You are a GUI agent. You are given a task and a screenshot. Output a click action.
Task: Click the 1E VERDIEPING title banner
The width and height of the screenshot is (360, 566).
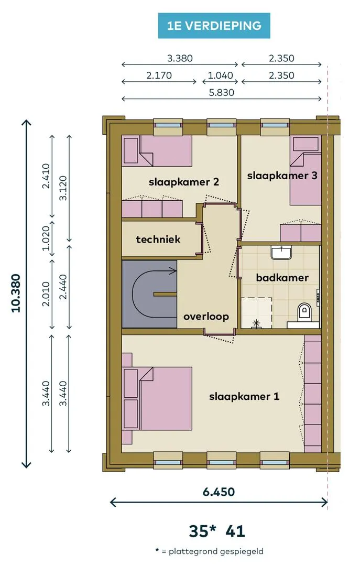coord(214,26)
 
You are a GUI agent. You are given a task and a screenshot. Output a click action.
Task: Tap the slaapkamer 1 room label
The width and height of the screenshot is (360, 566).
coord(244,396)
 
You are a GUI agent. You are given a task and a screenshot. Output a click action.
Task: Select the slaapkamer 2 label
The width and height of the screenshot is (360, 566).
coord(184,181)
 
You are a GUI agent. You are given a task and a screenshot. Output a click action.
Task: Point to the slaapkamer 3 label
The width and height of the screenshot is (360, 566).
coord(282,176)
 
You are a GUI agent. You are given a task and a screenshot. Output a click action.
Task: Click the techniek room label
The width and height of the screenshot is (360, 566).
coord(158,239)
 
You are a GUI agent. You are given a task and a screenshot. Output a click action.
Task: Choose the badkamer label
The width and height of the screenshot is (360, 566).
coord(282,278)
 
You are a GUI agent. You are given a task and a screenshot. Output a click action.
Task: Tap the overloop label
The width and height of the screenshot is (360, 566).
coord(206,317)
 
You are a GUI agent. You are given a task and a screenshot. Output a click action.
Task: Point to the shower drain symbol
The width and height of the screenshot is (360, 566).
coord(256,322)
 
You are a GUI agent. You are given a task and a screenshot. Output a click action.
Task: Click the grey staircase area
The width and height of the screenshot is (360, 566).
coord(149,294)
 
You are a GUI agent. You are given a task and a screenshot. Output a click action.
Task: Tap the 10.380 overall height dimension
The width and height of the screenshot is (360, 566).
coord(16,293)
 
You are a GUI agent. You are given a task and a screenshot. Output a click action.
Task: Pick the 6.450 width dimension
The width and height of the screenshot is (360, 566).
coord(219,492)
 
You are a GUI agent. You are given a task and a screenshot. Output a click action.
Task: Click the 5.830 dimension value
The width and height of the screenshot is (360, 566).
coord(222,92)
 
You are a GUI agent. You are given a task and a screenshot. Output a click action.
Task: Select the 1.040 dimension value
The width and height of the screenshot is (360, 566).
coord(220,75)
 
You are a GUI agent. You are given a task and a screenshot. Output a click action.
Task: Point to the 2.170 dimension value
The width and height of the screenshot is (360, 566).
coord(159,75)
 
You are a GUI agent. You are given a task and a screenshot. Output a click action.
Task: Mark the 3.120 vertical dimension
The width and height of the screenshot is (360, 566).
coord(63,188)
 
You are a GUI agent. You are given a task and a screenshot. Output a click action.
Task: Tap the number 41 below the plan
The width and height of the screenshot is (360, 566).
coord(235,531)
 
